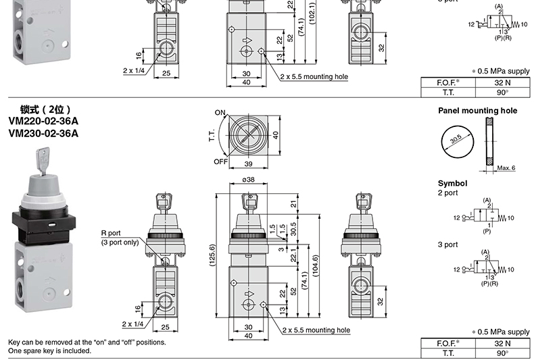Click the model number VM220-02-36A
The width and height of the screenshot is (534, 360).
click(43, 121)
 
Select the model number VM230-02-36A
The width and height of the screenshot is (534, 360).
click(43, 133)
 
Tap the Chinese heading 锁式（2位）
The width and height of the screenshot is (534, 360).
click(45, 109)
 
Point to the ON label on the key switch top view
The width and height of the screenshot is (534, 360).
click(220, 113)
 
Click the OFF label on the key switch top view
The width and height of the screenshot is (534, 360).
click(220, 161)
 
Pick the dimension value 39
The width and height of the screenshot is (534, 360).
click(248, 164)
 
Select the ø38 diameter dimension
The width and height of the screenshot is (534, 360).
click(248, 179)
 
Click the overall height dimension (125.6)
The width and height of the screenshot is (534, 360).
click(212, 255)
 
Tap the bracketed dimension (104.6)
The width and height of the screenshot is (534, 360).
click(315, 265)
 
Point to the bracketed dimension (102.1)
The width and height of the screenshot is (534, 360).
click(312, 13)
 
